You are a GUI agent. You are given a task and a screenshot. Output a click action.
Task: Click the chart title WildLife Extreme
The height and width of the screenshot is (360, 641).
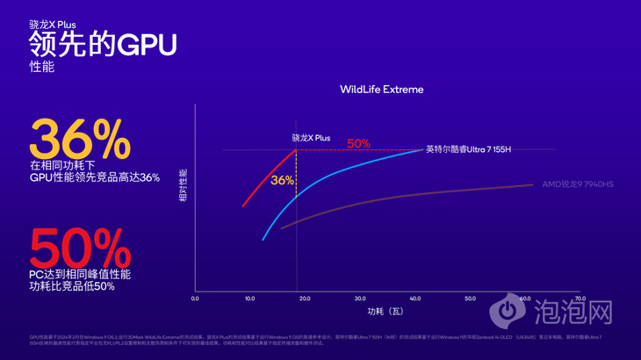381,90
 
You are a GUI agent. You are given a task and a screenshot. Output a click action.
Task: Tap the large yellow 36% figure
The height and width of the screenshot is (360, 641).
80,140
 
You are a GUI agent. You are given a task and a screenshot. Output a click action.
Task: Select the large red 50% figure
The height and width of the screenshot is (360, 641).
80,249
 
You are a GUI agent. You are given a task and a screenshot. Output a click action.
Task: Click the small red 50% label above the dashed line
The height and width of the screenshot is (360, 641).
358,144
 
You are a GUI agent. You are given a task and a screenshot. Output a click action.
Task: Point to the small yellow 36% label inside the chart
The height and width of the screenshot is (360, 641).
282,180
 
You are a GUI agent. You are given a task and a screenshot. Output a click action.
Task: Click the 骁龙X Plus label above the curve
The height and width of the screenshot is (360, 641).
311,138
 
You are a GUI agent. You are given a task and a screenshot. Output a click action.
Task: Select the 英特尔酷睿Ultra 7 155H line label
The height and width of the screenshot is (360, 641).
468,150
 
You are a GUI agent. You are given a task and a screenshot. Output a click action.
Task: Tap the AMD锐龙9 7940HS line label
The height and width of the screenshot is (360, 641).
577,184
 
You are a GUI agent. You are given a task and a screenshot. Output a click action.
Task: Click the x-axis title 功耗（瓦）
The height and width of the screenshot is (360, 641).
385,312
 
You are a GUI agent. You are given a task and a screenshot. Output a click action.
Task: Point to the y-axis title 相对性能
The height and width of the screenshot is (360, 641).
184,187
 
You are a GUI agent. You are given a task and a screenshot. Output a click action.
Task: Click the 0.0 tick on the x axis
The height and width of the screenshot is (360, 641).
195,299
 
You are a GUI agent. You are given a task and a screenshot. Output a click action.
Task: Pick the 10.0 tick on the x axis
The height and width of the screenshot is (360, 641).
249,299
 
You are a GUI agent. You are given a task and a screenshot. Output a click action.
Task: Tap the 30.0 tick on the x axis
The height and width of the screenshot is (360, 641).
360,299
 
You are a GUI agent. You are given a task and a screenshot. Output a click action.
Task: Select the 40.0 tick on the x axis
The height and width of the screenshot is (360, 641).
415,299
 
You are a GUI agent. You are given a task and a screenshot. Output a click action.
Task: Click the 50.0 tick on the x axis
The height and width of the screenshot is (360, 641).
470,299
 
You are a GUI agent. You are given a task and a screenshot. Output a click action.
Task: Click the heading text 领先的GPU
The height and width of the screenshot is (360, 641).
103,45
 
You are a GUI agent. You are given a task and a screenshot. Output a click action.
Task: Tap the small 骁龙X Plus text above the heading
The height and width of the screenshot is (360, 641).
52,25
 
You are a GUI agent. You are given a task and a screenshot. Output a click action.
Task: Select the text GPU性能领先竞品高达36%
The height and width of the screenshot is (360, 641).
95,177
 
